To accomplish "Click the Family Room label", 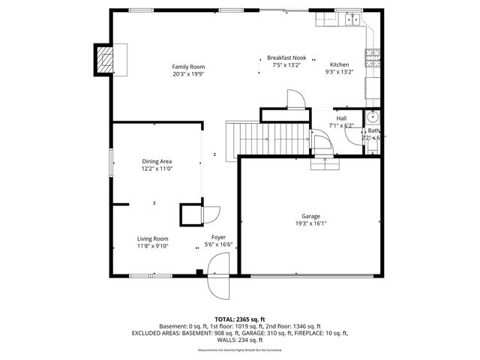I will click(x=187, y=67).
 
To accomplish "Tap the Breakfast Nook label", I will click(x=286, y=58).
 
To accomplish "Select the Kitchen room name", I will click(x=339, y=64).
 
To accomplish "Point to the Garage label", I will click(x=310, y=216).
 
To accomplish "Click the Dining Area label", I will click(x=157, y=161).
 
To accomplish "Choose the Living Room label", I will click(x=152, y=238).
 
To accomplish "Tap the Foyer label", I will click(x=218, y=237).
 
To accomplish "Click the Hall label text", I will click(x=341, y=118).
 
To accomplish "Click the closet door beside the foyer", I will click(x=210, y=214).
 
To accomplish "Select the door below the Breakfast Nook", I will click(x=295, y=100).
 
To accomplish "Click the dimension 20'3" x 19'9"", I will click(x=187, y=74).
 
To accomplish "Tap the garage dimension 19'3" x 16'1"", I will click(x=310, y=223).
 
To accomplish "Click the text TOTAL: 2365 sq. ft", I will click(x=239, y=319).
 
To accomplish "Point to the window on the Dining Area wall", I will click(x=111, y=161).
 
